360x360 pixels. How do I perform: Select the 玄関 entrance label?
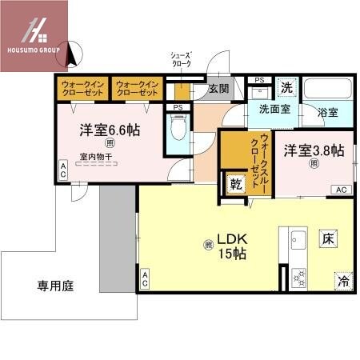[x=218, y=89]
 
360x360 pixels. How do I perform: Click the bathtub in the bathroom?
[x=329, y=89]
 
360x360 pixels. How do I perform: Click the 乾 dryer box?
[x=236, y=183]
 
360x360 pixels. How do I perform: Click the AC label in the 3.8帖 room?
[x=341, y=190]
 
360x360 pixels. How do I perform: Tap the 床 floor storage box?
[x=327, y=238]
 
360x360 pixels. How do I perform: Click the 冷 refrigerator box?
[x=342, y=281]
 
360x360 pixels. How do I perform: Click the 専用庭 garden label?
[x=55, y=284]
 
